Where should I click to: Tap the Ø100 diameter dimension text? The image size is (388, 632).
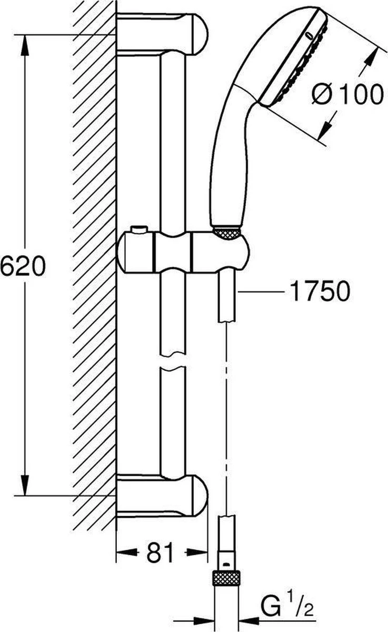346,95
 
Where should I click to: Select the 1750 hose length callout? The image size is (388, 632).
320,291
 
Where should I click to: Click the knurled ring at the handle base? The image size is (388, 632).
227,234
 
